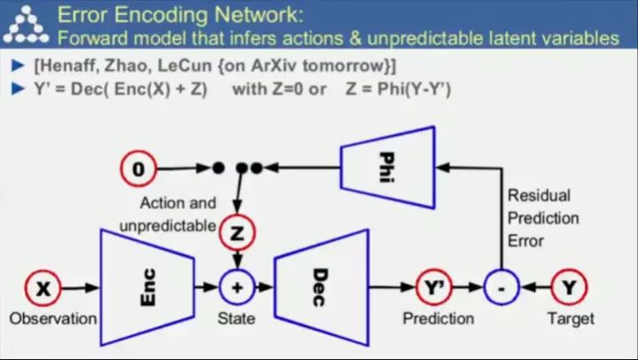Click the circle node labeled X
(42, 287)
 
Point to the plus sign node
(237, 287)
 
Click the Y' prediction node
(434, 287)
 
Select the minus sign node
(501, 287)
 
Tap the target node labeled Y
(567, 287)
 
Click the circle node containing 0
(138, 167)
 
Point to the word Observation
(52, 318)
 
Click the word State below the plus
(237, 318)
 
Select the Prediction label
(439, 318)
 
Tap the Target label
(571, 318)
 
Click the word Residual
(539, 195)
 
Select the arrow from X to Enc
(79, 287)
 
